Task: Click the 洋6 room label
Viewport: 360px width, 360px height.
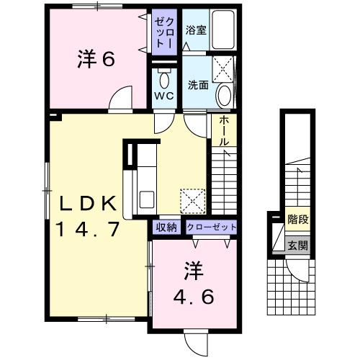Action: click(x=96, y=59)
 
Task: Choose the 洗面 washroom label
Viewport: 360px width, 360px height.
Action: click(x=198, y=84)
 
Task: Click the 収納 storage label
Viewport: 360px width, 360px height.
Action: click(x=166, y=228)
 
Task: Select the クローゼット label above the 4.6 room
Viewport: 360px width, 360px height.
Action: click(x=211, y=228)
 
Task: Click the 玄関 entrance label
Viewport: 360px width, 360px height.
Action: click(x=297, y=244)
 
